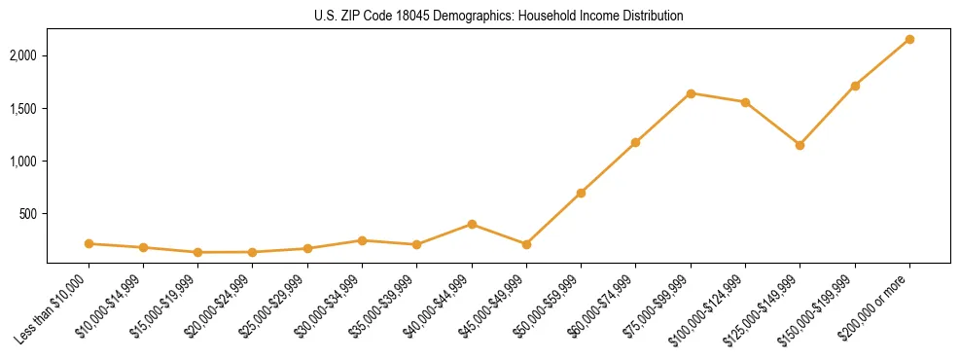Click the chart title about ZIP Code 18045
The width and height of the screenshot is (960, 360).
pyautogui.click(x=498, y=16)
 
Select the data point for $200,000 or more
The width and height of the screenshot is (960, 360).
pyautogui.click(x=909, y=39)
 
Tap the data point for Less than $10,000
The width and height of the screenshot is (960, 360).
pyautogui.click(x=89, y=243)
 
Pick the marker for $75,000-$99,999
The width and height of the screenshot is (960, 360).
pyautogui.click(x=691, y=93)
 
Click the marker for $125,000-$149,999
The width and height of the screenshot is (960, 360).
pyautogui.click(x=800, y=145)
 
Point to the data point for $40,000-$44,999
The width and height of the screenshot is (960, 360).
pyautogui.click(x=472, y=224)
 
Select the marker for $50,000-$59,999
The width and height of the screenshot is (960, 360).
pyautogui.click(x=581, y=193)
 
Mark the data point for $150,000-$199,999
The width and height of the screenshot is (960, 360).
pyautogui.click(x=855, y=86)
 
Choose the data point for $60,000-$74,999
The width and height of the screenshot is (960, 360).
pyautogui.click(x=635, y=142)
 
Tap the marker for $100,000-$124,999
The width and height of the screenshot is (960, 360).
pyautogui.click(x=745, y=102)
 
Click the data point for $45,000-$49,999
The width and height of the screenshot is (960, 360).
pyautogui.click(x=526, y=244)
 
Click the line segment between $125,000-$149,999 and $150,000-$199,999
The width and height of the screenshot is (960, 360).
pyautogui.click(x=827, y=116)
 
